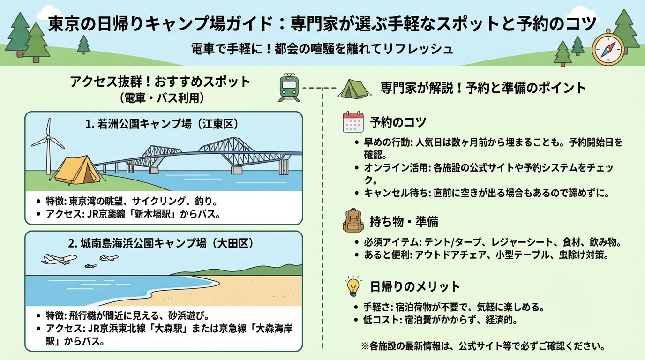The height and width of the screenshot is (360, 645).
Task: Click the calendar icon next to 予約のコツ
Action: [353, 122]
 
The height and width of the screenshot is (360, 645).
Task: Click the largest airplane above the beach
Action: [60, 259]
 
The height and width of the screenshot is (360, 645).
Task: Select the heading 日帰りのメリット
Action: [414, 286]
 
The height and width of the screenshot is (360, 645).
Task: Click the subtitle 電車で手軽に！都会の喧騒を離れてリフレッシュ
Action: [322, 49]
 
